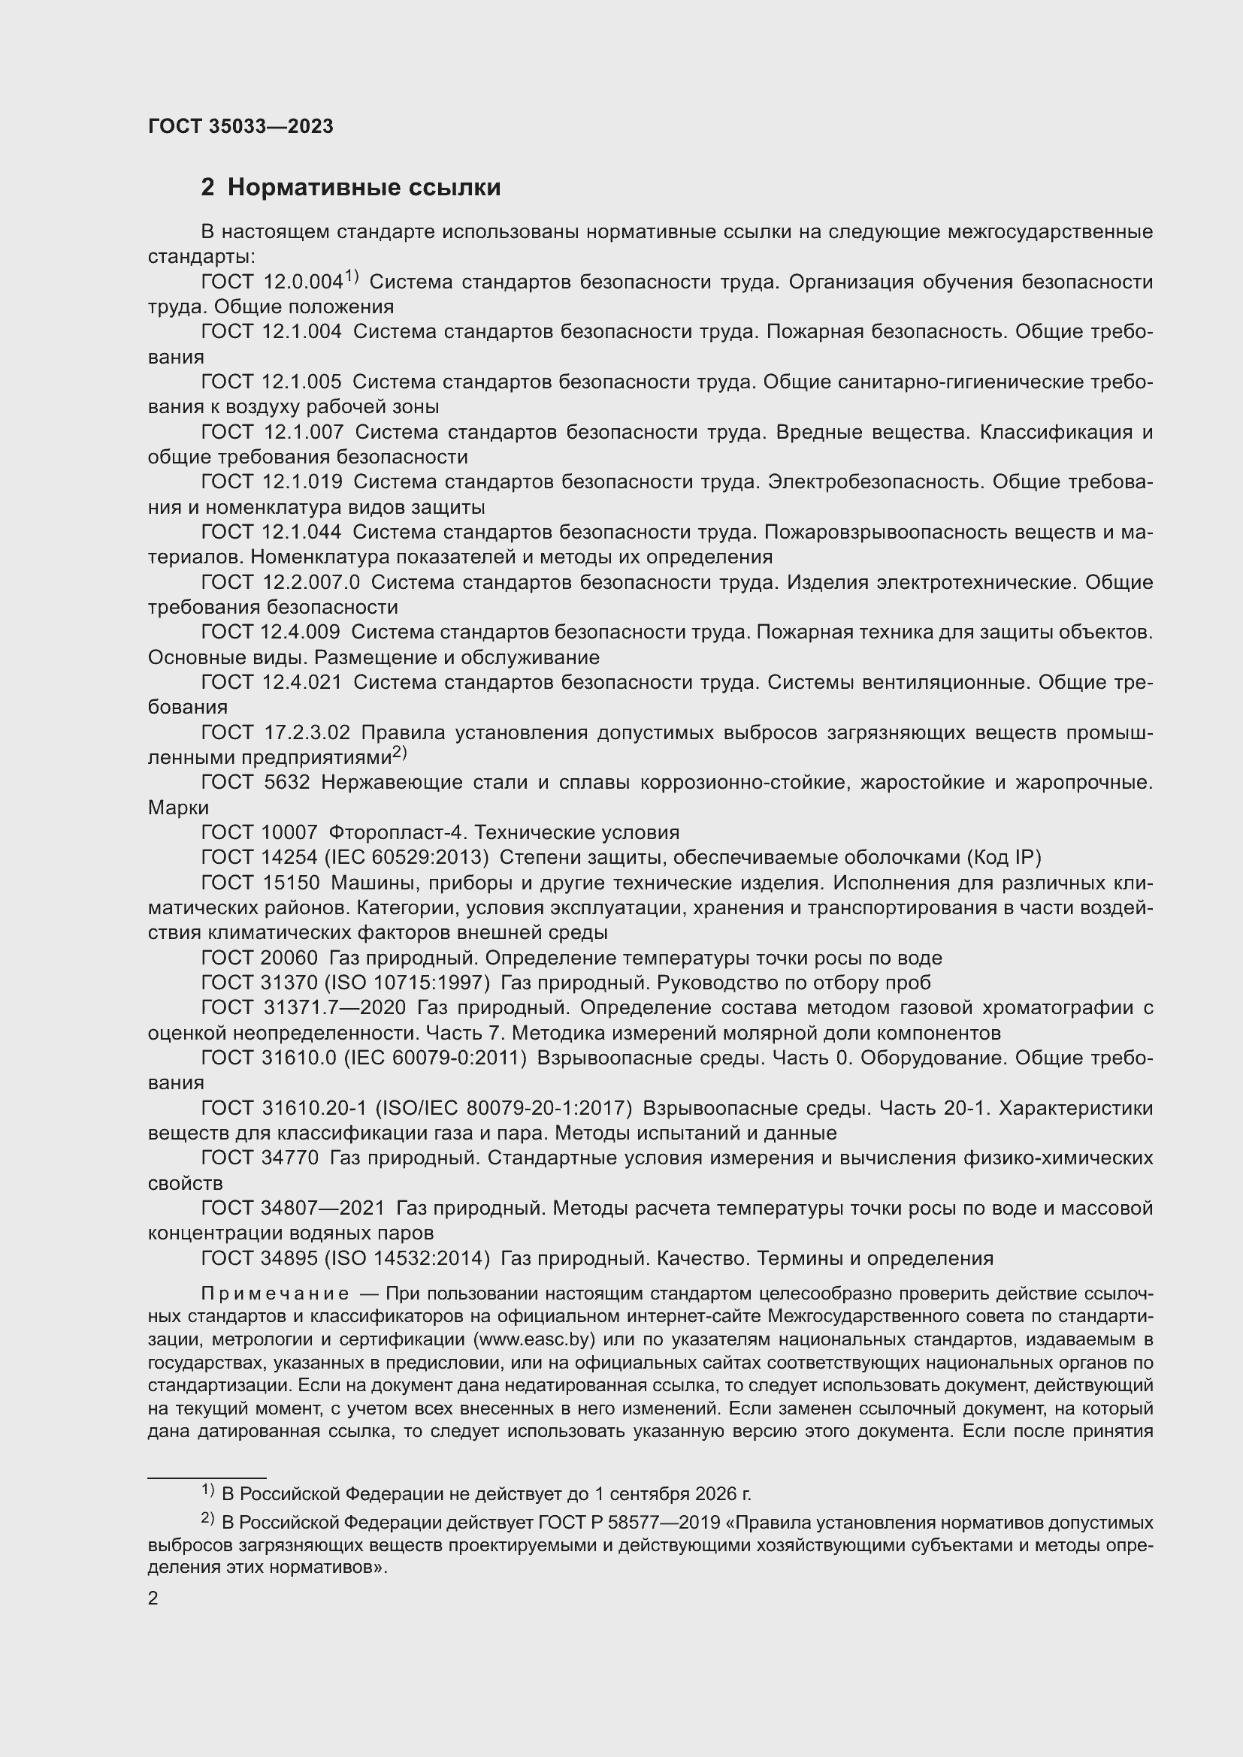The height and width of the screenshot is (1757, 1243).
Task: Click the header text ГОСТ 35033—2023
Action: point(240,126)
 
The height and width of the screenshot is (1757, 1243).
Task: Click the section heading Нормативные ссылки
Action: point(364,188)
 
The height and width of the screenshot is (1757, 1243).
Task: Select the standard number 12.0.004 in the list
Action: point(302,282)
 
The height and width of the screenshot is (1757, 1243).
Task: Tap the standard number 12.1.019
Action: point(302,482)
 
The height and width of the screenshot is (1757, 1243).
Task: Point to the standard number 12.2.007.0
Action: point(311,582)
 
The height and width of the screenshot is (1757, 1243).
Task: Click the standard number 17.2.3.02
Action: point(306,733)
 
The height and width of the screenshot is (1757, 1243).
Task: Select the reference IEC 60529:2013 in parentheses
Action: point(416,858)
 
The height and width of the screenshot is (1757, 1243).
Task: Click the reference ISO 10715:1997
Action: point(417,983)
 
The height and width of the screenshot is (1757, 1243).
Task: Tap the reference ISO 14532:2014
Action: point(417,1259)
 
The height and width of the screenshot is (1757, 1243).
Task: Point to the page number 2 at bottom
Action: point(153,1599)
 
